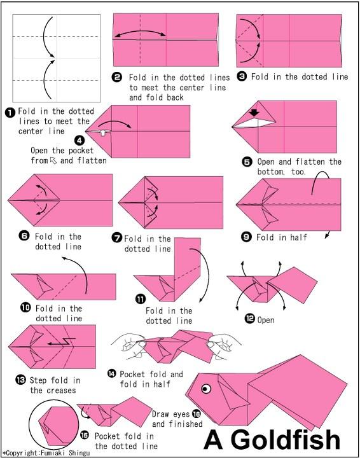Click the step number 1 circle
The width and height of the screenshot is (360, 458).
11,113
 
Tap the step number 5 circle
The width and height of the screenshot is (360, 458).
247,162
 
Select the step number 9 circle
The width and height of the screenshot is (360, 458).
246,237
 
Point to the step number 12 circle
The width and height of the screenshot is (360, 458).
249,319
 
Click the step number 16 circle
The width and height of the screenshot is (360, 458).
196,413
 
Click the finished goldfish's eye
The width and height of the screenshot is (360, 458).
206,388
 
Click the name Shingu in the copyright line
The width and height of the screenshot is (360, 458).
80,453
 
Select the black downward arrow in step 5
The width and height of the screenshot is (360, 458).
254,113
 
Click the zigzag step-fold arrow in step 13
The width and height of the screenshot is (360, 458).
62,341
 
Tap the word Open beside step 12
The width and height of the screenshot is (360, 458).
266,320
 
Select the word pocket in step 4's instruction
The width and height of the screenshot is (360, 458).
81,151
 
